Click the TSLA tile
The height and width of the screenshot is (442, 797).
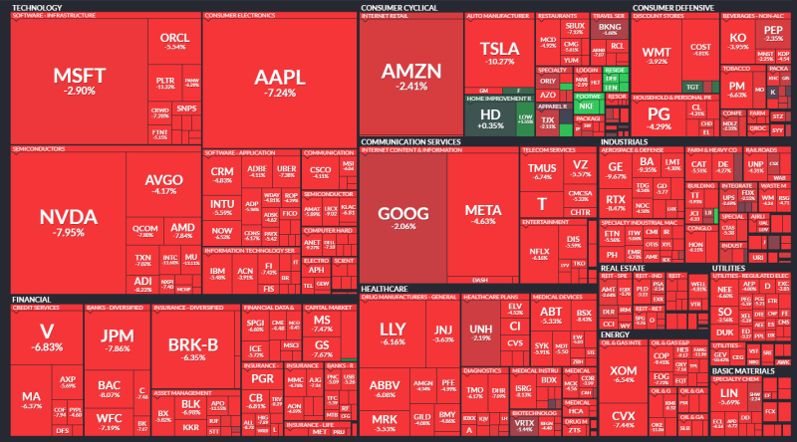click(498, 53)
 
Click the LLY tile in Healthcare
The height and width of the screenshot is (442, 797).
click(394, 332)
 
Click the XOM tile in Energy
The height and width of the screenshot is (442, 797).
click(625, 374)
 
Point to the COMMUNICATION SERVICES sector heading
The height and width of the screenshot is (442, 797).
click(409, 142)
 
